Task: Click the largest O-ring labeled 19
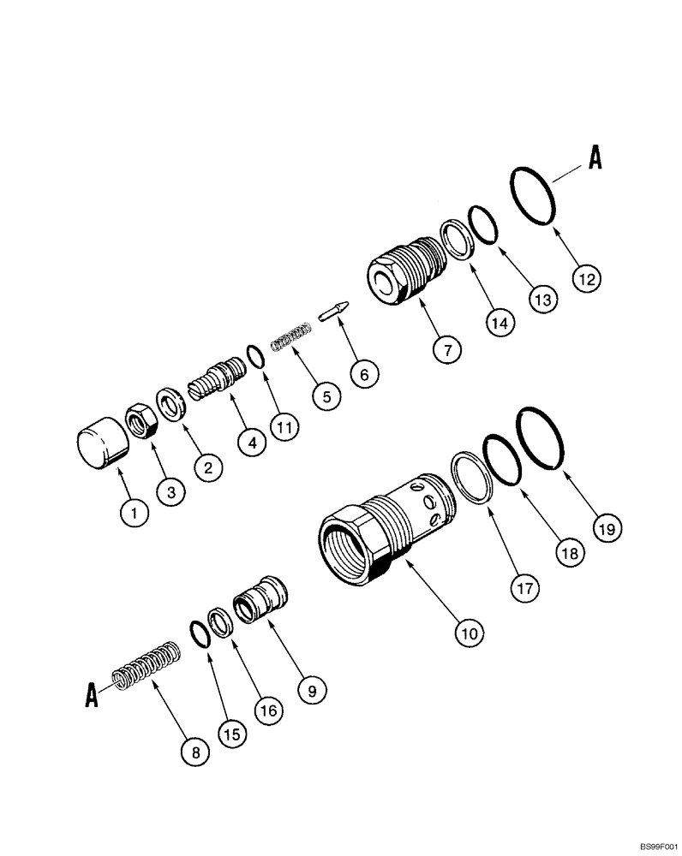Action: [x=541, y=437]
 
